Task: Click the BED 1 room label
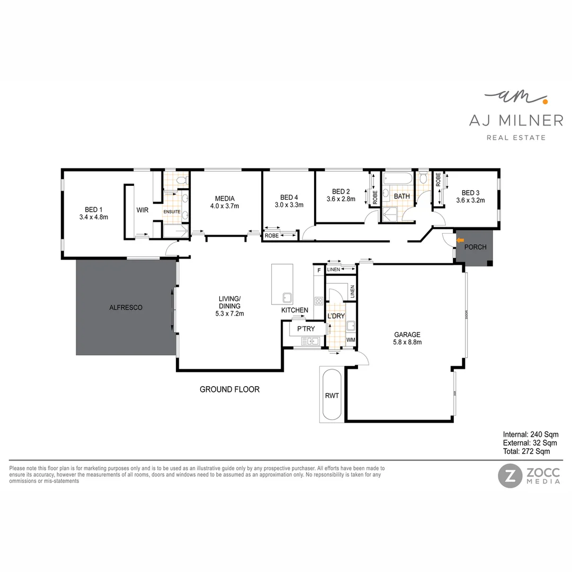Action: coord(93,209)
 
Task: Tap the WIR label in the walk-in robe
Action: coord(142,210)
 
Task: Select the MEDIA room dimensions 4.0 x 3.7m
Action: coord(225,206)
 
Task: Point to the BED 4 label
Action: coord(289,196)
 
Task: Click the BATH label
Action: coord(401,196)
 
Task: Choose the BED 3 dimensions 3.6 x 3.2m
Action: coord(470,200)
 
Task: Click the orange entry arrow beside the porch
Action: coord(446,240)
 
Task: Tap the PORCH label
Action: coord(475,247)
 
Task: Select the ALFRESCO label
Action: coord(126,307)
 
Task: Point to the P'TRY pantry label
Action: coord(306,329)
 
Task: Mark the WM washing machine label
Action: coord(351,339)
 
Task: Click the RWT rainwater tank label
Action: coord(332,396)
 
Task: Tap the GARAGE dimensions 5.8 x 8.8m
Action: coord(407,342)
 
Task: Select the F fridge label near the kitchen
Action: coord(319,271)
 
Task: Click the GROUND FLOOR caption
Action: coord(229,389)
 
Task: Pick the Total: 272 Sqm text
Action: coord(526,452)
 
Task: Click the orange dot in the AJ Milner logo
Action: coord(545,99)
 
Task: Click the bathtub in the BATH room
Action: coord(397,180)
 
